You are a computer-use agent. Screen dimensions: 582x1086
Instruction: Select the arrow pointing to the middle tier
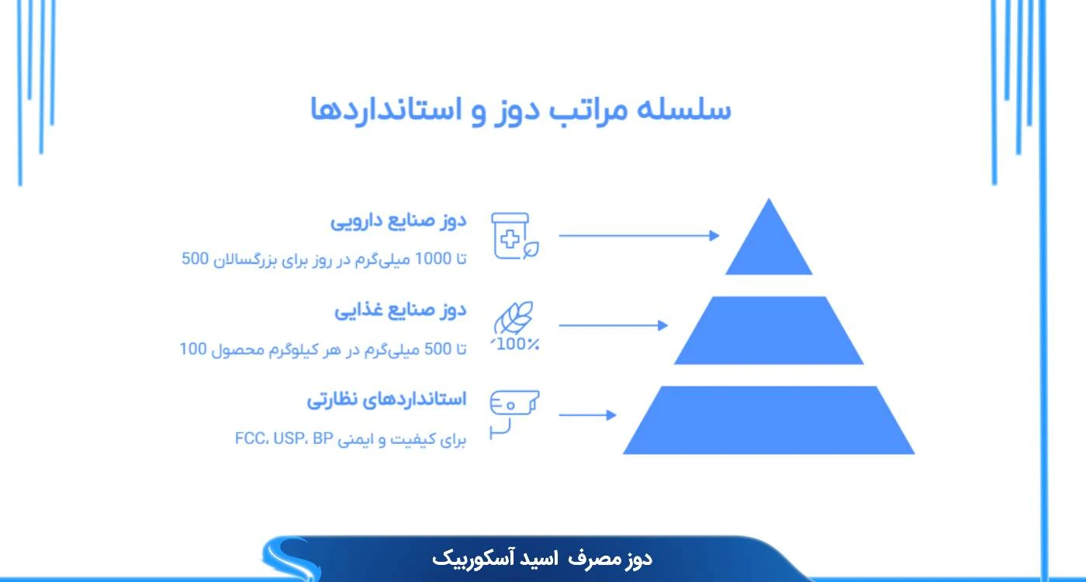point(613,325)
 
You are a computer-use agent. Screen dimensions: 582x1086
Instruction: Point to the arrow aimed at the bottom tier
point(587,415)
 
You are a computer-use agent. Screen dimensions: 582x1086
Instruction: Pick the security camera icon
point(514,412)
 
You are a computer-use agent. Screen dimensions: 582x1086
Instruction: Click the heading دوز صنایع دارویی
point(399,221)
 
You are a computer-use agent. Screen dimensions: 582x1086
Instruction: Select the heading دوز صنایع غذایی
point(400,311)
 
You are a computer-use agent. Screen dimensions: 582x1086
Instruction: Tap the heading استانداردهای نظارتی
point(386,400)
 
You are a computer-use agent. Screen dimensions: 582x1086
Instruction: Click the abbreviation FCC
point(251,439)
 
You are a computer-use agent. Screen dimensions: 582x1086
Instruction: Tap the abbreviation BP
point(322,439)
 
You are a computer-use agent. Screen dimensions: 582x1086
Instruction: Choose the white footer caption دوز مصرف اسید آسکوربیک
point(542,558)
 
